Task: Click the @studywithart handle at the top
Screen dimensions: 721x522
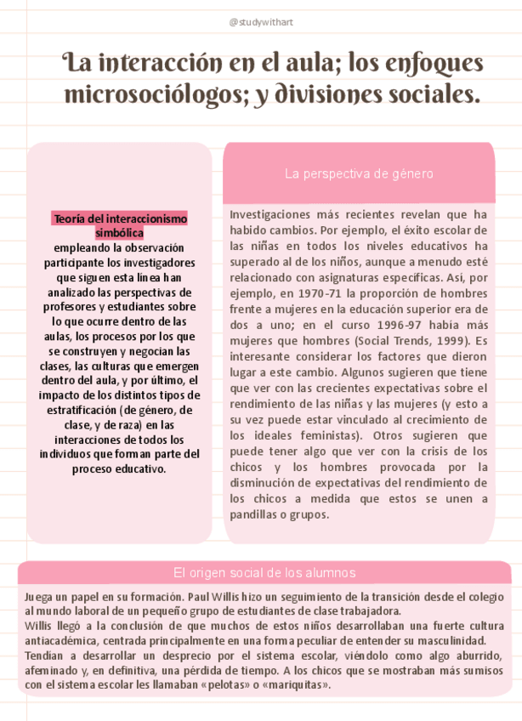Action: (x=260, y=21)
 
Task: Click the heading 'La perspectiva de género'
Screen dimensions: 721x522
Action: (x=359, y=173)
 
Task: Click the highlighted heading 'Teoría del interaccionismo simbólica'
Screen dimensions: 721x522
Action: (x=119, y=225)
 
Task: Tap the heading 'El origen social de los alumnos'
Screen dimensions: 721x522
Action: (x=264, y=573)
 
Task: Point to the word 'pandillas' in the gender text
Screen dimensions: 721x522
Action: (x=258, y=514)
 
